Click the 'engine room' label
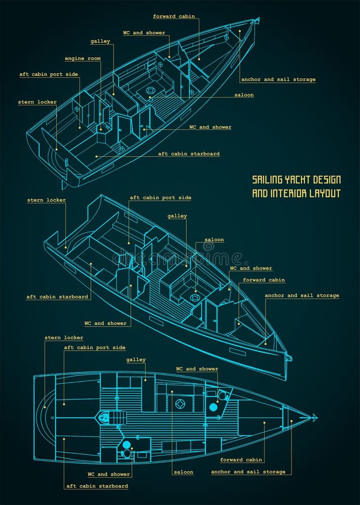[83, 58]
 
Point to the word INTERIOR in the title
[290, 194]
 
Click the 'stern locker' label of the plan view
[64, 338]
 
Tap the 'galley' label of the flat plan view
[136, 360]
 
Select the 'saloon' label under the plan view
[183, 472]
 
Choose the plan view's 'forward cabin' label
[241, 460]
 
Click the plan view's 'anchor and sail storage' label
[248, 472]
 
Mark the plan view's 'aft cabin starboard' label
[97, 486]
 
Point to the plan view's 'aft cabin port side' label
[94, 348]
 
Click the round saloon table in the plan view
[180, 403]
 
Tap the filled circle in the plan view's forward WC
[213, 407]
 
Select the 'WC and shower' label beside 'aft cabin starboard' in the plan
[107, 474]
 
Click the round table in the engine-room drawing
[151, 90]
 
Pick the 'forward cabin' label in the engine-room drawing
[174, 16]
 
